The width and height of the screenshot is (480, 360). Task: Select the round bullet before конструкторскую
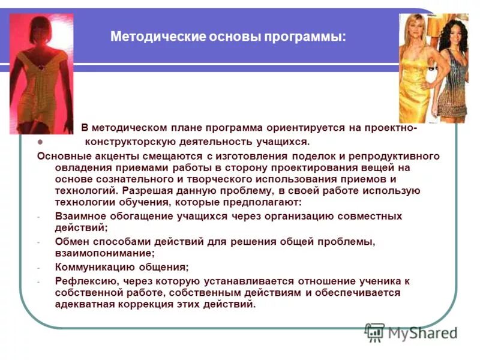click(40, 142)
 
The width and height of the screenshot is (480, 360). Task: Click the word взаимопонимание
click(103, 253)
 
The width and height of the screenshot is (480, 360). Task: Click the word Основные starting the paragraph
click(62, 156)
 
